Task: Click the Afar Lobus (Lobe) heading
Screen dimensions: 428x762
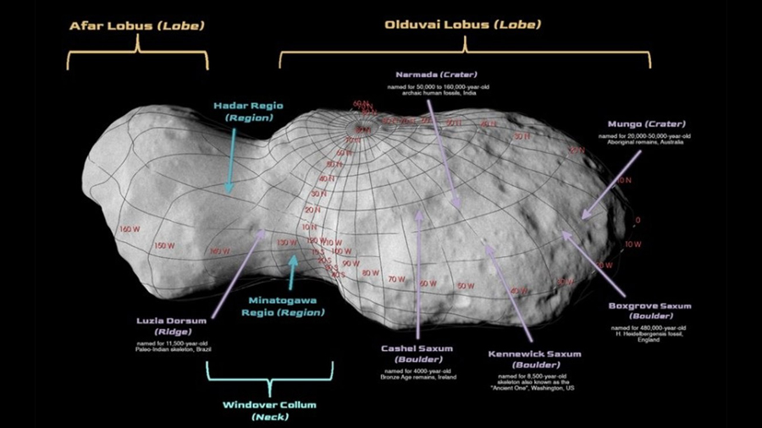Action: coord(136,26)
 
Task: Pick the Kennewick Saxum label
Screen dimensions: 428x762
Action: coord(525,354)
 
